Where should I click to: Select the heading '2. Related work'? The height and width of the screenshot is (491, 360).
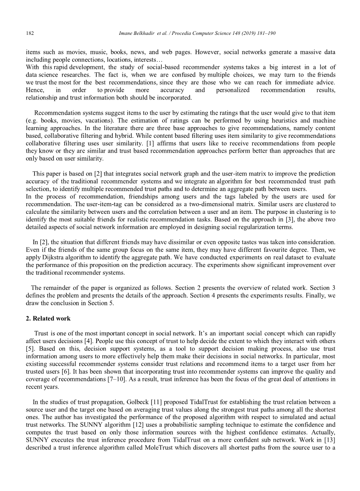click(48, 318)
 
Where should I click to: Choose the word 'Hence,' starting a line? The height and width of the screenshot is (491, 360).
click(35, 90)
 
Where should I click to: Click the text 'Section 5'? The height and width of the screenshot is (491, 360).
click(98, 303)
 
